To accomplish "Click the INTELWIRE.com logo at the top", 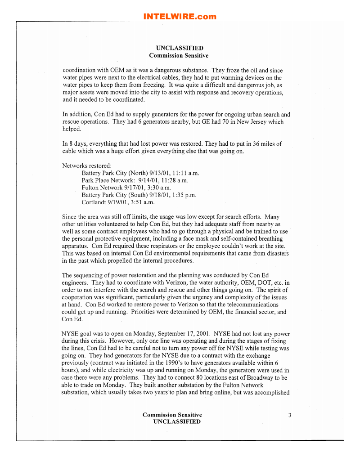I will click(x=180, y=17).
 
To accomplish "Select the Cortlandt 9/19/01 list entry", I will click(x=118, y=202).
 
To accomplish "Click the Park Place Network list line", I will click(x=135, y=180).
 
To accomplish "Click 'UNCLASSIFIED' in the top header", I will click(x=180, y=48).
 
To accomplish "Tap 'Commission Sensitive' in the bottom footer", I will click(x=172, y=415).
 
